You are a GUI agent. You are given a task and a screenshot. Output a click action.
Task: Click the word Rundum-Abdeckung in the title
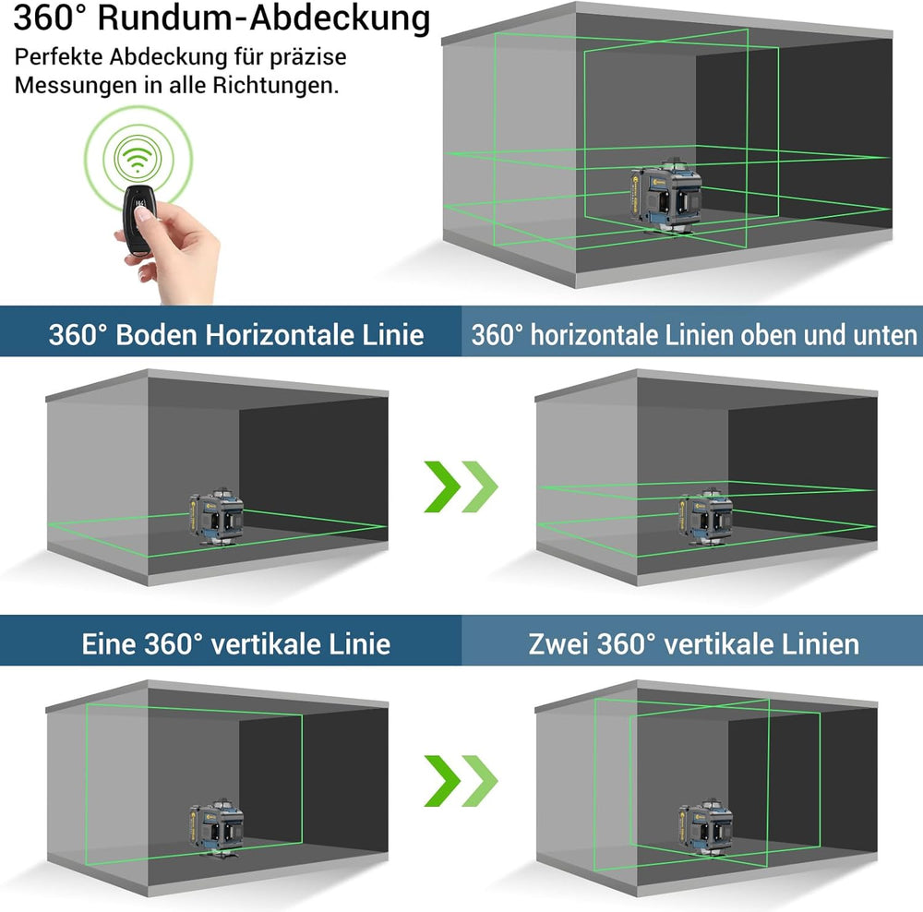point(264,18)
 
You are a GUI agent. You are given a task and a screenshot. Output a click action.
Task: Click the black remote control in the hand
point(138,220)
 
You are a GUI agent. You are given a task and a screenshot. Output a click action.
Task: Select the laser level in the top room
point(665,196)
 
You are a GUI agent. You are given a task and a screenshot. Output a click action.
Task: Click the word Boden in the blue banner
point(156,335)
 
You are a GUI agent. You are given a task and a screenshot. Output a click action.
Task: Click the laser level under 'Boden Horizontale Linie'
point(217,516)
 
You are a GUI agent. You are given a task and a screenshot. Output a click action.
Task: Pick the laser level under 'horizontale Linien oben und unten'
point(706,516)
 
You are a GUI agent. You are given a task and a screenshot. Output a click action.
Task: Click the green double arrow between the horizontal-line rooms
point(461,486)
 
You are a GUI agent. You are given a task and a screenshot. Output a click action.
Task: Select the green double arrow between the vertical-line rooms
point(461,781)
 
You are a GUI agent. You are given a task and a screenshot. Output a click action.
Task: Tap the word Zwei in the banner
point(558,644)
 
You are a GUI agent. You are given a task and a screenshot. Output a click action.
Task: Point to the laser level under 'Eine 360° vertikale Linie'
point(217,828)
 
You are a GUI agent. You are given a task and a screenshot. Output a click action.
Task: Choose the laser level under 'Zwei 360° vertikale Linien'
point(706,828)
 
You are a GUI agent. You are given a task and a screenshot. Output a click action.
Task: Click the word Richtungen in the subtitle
point(275,85)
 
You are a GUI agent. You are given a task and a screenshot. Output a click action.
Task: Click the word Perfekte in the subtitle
point(59,57)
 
